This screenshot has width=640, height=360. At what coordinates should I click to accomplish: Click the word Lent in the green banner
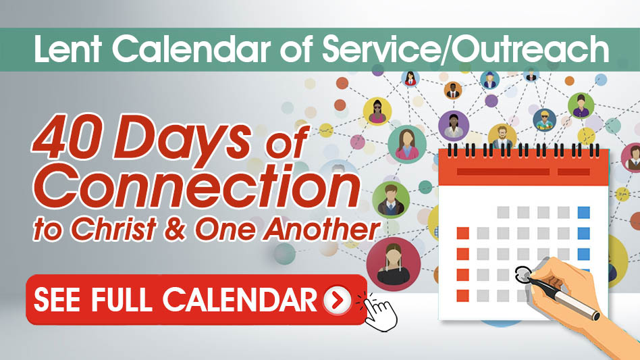(68, 49)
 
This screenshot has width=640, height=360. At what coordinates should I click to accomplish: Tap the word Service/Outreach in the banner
(466, 49)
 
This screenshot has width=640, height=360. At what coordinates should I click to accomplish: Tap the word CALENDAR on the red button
(240, 300)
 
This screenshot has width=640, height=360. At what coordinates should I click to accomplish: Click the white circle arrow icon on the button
(337, 300)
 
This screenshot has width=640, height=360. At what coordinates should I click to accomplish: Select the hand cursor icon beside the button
(378, 312)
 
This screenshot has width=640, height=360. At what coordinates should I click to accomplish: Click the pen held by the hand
(563, 296)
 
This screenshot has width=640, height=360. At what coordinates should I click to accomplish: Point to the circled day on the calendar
(523, 274)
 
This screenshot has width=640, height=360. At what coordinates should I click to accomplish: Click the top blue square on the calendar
(584, 213)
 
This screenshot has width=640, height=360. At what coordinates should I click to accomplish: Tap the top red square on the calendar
(462, 233)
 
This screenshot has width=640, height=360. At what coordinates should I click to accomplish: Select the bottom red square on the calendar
(462, 296)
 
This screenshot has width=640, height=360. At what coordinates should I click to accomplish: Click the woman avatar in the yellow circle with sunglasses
(377, 111)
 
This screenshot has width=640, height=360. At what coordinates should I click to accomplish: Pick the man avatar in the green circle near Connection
(391, 200)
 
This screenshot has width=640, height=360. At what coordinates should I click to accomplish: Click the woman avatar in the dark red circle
(393, 264)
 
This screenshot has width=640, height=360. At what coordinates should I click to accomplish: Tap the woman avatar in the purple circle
(454, 126)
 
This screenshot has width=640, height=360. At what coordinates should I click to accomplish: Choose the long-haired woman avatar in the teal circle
(406, 145)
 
